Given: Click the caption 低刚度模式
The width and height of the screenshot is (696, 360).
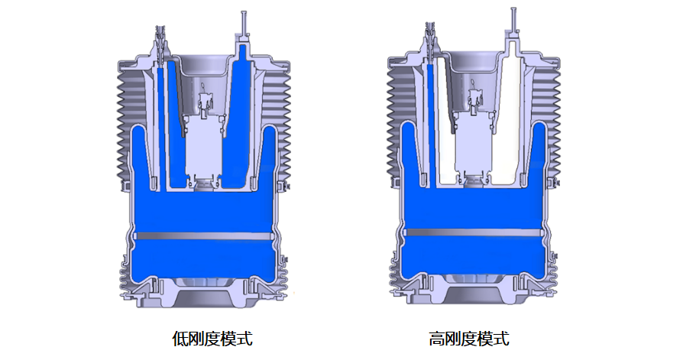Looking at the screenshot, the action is tap(212, 339).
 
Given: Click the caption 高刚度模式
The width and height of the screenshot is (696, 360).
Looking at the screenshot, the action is tap(469, 339).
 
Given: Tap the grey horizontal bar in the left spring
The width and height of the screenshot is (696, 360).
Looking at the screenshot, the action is tap(204, 236).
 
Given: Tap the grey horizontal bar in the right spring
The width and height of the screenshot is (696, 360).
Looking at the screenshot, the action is tap(474, 232).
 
